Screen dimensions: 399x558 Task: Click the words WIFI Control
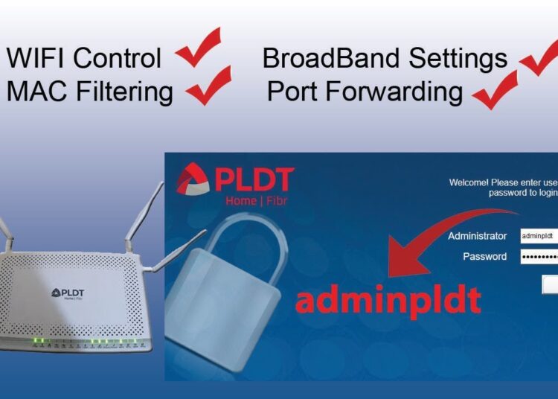(83, 58)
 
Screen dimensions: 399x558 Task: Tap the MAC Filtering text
(89, 92)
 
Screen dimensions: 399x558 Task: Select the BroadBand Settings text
(385, 58)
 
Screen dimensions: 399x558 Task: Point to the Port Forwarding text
(365, 92)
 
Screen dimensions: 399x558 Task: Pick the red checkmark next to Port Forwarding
(495, 91)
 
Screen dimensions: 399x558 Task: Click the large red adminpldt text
(388, 300)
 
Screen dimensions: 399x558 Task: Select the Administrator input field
(538, 236)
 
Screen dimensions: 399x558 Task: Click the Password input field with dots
(538, 257)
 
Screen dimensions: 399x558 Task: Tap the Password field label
(484, 257)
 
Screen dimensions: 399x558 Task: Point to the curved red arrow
(432, 238)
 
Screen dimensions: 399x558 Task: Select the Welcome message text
(503, 187)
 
